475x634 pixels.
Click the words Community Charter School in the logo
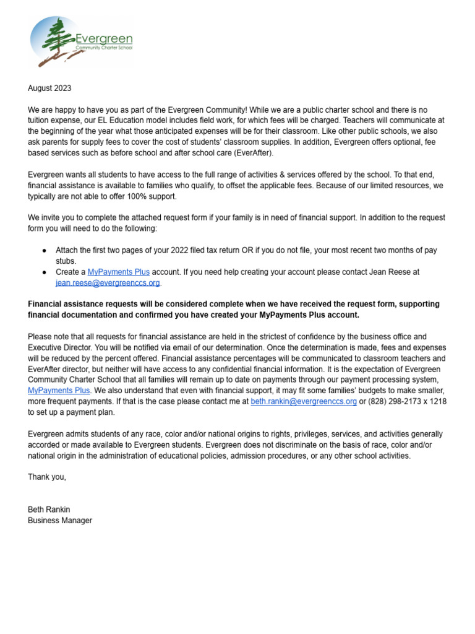pyautogui.click(x=103, y=47)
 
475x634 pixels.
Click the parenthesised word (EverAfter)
pyautogui.click(x=253, y=152)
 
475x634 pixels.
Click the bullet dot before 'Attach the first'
pyautogui.click(x=44, y=250)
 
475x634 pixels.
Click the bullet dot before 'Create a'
pyautogui.click(x=44, y=272)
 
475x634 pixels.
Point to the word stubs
pyautogui.click(x=66, y=261)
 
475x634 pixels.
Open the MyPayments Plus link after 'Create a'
pyautogui.click(x=119, y=272)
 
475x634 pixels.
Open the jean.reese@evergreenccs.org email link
pyautogui.click(x=108, y=283)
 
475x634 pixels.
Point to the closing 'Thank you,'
pyautogui.click(x=47, y=477)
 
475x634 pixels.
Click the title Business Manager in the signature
pyautogui.click(x=60, y=521)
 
